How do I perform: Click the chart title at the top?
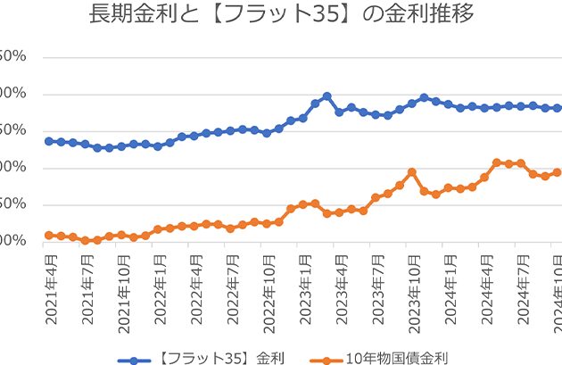tap(281, 15)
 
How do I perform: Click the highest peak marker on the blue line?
tap(327, 95)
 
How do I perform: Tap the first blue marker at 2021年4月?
tap(49, 141)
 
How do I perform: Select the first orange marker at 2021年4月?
tap(49, 235)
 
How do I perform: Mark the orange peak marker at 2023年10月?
tap(412, 172)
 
